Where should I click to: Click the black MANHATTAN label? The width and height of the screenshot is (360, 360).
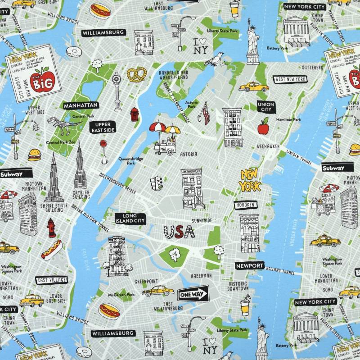pos(81,105)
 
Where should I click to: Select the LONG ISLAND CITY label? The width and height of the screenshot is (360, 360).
pos(130,219)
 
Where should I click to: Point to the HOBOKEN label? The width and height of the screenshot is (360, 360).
pos(246,205)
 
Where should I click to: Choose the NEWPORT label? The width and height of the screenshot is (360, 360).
pos(249,266)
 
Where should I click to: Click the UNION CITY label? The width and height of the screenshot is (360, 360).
pos(265,107)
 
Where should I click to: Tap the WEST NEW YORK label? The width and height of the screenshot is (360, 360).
pos(290,79)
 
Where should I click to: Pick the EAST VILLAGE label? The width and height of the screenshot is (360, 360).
pos(52,280)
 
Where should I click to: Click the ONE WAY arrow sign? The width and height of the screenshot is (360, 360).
pos(193,294)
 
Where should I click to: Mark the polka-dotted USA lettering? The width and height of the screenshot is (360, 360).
pos(179,232)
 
